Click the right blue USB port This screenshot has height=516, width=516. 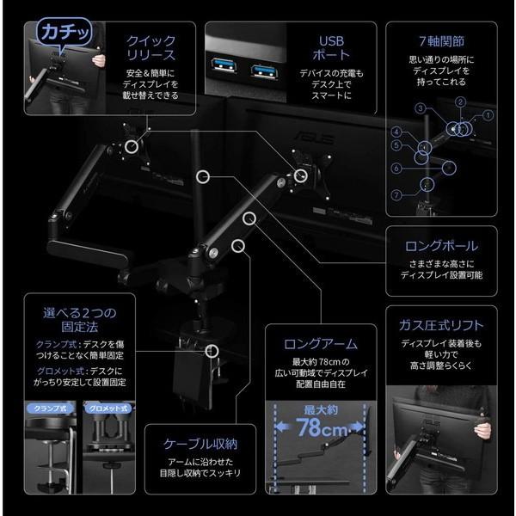259,67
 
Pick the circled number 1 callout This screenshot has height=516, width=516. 488,114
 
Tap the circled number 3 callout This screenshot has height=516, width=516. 420,109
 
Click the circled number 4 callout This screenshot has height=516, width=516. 397,132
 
